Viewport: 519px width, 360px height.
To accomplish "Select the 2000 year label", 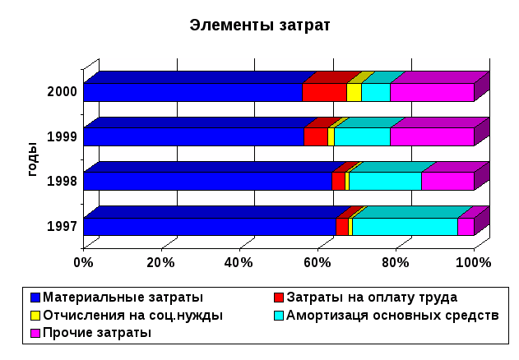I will click(63, 91).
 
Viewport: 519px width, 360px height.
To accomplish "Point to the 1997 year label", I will click(63, 226).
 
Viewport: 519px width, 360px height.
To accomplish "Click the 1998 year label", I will click(63, 181).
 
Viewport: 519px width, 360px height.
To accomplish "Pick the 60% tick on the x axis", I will click(317, 262).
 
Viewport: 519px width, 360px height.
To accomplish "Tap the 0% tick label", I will click(84, 262).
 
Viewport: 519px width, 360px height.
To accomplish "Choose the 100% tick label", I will click(473, 262).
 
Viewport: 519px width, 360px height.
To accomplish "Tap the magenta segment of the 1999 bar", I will click(432, 136).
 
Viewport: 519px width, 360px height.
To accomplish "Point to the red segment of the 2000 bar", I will click(324, 92).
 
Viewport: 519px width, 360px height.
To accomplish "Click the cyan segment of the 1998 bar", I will click(385, 182).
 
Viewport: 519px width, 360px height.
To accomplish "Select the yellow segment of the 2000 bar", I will click(354, 92).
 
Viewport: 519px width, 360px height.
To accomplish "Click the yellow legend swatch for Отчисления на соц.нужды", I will click(35, 315).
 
